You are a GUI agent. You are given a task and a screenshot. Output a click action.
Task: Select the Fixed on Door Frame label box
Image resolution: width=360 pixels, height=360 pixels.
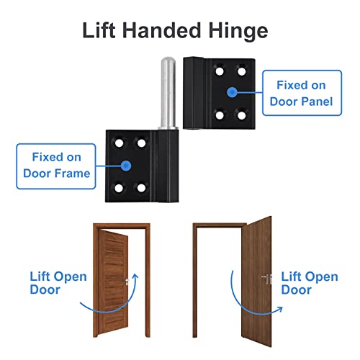click(56, 164)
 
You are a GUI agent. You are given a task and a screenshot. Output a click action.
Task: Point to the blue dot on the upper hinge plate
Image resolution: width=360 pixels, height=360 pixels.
click(231, 91)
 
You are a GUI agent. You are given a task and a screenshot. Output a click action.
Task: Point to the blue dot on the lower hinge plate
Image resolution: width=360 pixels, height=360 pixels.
click(127, 165)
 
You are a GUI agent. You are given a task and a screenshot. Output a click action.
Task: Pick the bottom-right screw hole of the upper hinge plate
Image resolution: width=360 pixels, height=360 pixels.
click(242, 114)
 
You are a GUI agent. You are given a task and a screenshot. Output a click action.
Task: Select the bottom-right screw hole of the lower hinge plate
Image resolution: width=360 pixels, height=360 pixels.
click(140, 188)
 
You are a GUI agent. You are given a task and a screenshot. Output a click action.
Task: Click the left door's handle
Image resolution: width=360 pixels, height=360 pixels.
click(129, 280)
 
